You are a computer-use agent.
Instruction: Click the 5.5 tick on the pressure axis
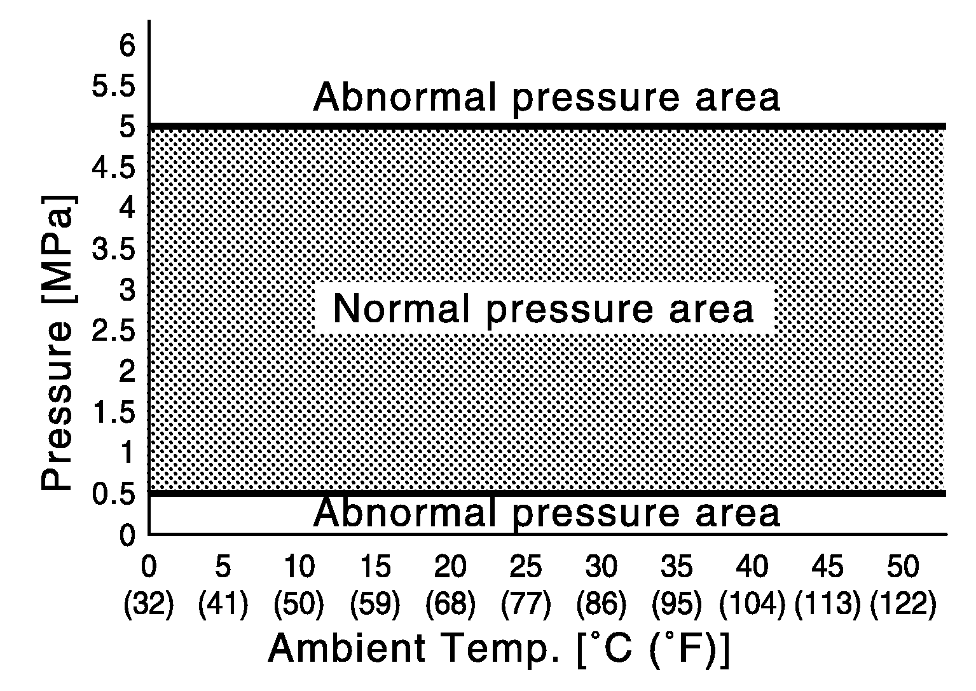point(114,87)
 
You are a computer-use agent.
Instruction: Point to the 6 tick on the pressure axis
point(128,46)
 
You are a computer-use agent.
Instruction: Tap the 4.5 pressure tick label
point(114,168)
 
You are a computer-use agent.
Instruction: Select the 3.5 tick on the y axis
point(114,250)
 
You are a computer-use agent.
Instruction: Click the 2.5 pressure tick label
point(114,332)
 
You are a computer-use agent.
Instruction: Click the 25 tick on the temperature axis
point(526,566)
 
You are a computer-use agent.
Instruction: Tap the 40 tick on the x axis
point(752,566)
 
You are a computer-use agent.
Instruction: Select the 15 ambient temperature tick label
point(375,566)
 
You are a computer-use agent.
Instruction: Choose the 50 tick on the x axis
point(903,566)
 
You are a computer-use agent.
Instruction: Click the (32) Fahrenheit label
point(148,604)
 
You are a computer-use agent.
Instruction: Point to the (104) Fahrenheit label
point(752,604)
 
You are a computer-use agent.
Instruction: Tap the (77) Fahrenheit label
point(526,604)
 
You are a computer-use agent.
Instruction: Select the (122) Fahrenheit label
point(903,604)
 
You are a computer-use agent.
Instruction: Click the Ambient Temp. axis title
point(499,650)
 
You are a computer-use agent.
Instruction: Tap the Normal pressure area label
point(544,310)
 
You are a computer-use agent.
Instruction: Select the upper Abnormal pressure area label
point(546,97)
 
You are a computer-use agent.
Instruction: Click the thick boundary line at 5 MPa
point(547,127)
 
